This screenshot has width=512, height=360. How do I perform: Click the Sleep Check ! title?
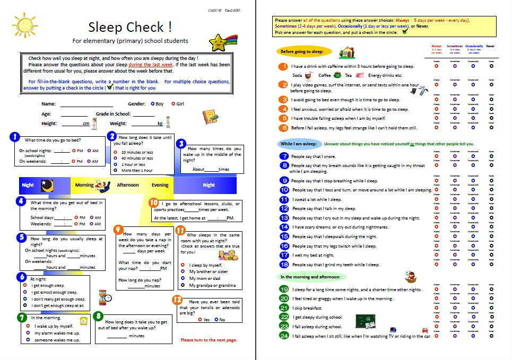point(130,27)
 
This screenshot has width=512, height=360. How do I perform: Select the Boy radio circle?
point(153,104)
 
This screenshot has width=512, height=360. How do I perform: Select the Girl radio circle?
point(173,104)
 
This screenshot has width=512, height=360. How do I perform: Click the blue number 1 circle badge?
point(14,137)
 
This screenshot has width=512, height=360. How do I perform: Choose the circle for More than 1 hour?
point(116,170)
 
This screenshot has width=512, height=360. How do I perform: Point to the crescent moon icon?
point(47,185)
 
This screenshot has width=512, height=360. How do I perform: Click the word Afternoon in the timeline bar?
point(128,185)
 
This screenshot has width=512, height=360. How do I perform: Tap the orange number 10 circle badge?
point(154,203)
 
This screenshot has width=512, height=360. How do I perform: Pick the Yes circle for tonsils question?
point(199,320)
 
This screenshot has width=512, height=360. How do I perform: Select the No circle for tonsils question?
point(216,320)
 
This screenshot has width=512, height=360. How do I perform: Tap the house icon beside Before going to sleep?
point(346,52)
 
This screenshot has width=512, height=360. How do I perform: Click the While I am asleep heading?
point(298,144)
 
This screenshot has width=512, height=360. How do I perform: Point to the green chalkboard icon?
point(365,321)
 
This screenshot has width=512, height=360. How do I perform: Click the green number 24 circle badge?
point(284,336)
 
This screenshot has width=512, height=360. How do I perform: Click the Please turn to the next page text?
point(209,340)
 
